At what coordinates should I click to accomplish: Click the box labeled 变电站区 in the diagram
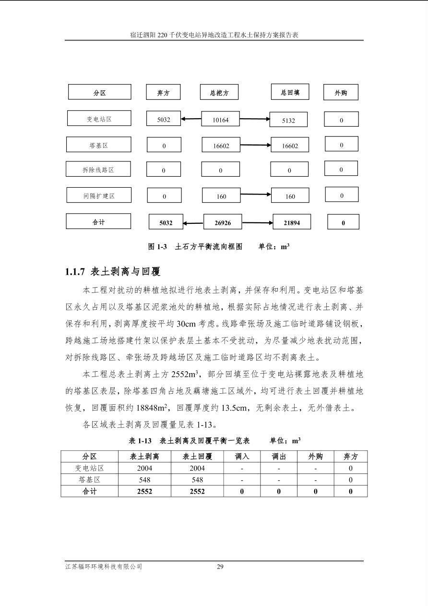[99, 119]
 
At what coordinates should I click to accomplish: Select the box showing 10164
[221, 120]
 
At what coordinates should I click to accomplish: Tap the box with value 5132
[288, 121]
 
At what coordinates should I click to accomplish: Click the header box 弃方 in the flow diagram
[164, 93]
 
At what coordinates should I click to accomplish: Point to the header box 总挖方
[219, 93]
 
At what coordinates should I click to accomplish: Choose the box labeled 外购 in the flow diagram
[341, 93]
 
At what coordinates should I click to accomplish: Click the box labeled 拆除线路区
[98, 170]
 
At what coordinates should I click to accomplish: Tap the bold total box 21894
[292, 222]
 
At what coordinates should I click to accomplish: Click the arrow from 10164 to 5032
[191, 119]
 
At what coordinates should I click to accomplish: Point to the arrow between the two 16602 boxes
[255, 145]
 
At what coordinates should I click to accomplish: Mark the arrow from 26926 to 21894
[258, 223]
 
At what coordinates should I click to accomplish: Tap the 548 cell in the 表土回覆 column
[197, 480]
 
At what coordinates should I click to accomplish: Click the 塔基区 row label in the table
[89, 480]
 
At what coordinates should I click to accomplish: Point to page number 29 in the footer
[220, 567]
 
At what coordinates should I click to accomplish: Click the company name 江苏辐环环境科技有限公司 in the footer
[104, 567]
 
